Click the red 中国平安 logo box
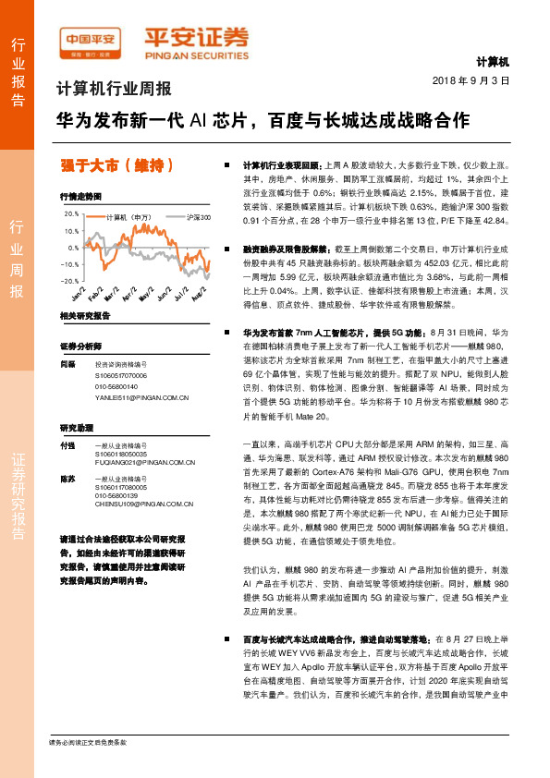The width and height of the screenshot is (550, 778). pos(90,40)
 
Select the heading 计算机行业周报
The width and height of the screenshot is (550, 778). pos(115,91)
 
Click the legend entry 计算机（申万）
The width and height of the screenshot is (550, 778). pos(128,218)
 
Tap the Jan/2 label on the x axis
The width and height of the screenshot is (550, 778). pos(79,294)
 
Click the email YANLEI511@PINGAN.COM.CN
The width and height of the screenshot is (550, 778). pos(141,398)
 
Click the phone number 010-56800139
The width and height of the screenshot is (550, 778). pos(117,494)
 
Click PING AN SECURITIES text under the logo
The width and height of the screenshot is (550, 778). pos(196,54)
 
